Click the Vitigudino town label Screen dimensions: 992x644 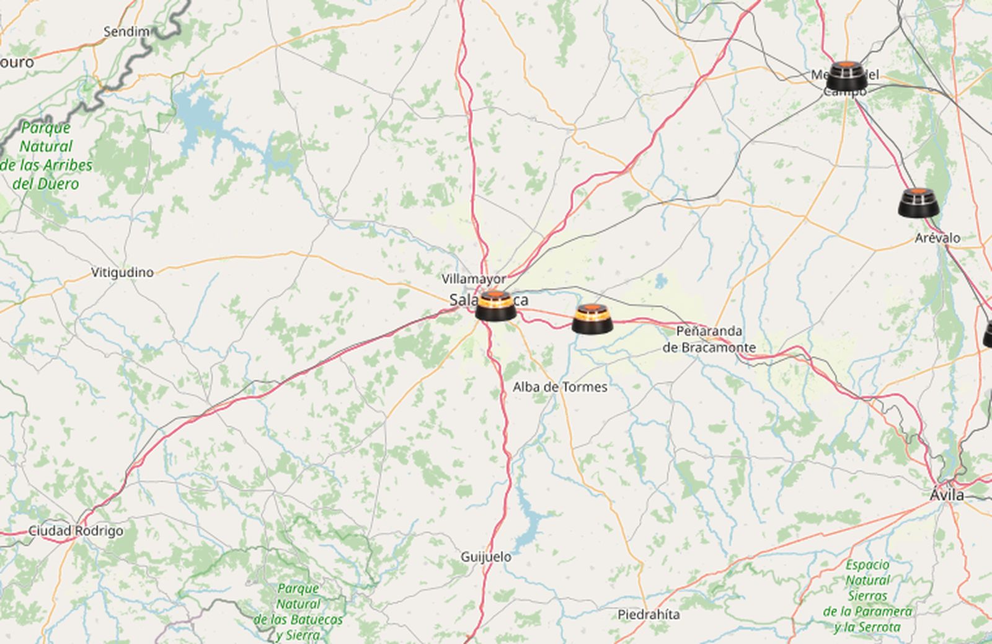[122, 272]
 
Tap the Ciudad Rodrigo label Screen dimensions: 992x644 [76, 531]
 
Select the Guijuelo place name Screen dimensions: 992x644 [486, 557]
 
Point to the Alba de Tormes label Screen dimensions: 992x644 [560, 387]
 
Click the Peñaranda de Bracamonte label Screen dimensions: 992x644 [709, 339]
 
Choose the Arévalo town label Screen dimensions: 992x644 [937, 238]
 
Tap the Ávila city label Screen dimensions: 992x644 [947, 494]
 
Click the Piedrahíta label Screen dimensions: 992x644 [649, 614]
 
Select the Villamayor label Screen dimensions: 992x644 [474, 279]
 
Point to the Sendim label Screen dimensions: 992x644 [126, 31]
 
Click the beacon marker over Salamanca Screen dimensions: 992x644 [495, 305]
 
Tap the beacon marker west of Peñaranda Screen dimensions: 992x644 [592, 318]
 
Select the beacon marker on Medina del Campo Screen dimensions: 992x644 [846, 76]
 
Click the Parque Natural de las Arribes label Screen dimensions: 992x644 [46, 156]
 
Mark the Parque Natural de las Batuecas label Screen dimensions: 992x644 [298, 611]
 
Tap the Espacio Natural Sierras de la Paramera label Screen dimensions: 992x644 [867, 596]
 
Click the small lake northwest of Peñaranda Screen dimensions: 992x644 [662, 281]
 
